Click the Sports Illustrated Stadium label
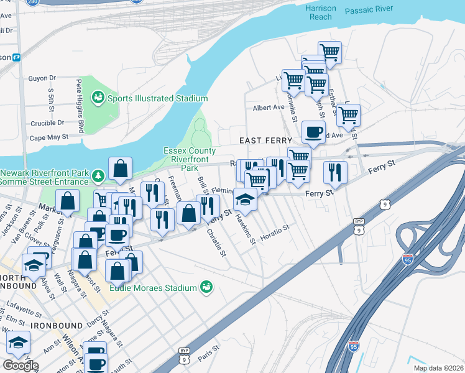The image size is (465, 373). pyautogui.click(x=157, y=98)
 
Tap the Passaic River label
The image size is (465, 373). pyautogui.click(x=370, y=11)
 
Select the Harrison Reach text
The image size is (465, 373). pyautogui.click(x=321, y=12)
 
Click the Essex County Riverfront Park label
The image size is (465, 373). pyautogui.click(x=190, y=159)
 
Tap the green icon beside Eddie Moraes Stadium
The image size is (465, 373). pyautogui.click(x=206, y=287)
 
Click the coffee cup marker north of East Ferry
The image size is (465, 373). pyautogui.click(x=313, y=132)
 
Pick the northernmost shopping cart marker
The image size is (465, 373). pyautogui.click(x=329, y=52)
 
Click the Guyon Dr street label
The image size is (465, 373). pyautogui.click(x=42, y=78)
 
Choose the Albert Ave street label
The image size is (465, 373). pyautogui.click(x=268, y=107)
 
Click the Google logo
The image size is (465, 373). pyautogui.click(x=20, y=365)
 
